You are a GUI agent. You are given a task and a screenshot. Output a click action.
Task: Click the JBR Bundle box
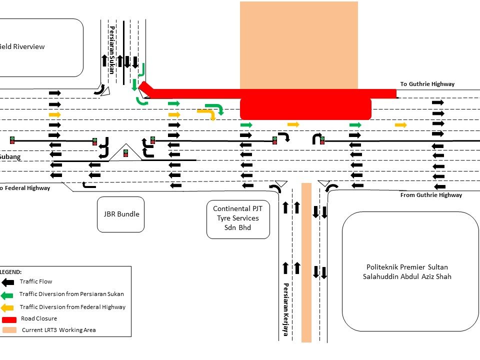(x=120, y=214)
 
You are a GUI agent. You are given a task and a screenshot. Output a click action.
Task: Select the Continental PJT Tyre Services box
(x=238, y=218)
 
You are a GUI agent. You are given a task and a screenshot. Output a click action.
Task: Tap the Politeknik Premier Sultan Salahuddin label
(x=408, y=271)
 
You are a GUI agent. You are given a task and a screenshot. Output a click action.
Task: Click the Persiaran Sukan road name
(x=111, y=50)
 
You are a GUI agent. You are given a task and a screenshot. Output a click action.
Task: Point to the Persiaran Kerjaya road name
(x=286, y=309)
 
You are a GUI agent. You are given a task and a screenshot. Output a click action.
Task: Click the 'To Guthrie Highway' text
(x=427, y=84)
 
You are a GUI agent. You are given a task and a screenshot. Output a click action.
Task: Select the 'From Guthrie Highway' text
(x=431, y=195)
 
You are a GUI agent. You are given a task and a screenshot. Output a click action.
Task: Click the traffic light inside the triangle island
(x=125, y=153)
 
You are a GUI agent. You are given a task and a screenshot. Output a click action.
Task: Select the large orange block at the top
(x=298, y=45)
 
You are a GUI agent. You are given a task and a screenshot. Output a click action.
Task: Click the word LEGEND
(x=11, y=271)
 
